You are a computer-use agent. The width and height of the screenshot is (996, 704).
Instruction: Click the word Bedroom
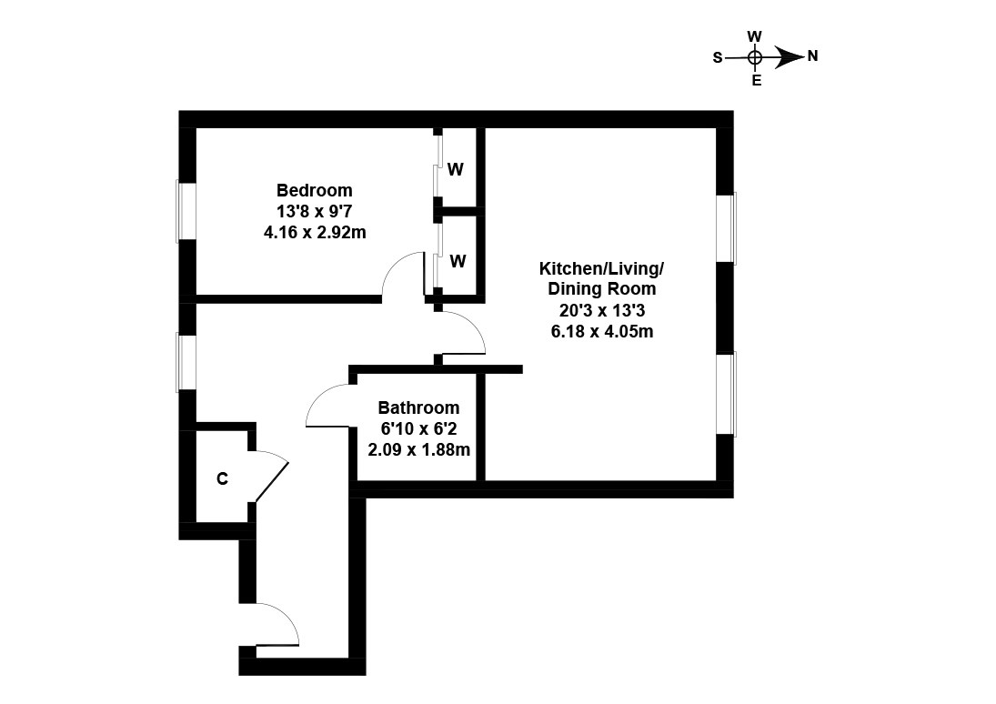coord(314,191)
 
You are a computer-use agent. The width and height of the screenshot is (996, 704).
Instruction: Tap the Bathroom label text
coord(418,408)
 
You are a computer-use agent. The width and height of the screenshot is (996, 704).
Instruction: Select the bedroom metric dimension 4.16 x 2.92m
coord(314,233)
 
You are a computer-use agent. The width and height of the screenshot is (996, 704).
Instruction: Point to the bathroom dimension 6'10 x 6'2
coord(418,428)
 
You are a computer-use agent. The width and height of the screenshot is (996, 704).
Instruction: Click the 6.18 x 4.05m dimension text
coord(601,331)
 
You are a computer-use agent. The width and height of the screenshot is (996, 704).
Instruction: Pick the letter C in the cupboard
coord(222,479)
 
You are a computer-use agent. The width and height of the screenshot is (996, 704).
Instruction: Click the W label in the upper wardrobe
coord(456,170)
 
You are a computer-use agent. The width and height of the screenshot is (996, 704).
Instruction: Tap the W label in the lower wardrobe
coord(458,262)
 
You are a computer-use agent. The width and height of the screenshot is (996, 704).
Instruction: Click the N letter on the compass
coord(812,56)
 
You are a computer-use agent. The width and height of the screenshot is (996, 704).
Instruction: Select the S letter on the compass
coord(717,57)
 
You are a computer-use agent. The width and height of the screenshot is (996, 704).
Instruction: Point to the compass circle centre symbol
coord(754,57)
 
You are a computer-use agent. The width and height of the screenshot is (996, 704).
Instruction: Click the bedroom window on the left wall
coord(186,212)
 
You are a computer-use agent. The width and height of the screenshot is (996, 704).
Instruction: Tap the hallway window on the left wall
coord(186,363)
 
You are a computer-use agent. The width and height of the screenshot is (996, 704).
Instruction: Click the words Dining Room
coord(601,289)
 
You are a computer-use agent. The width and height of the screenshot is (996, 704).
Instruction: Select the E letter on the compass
coord(755,80)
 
